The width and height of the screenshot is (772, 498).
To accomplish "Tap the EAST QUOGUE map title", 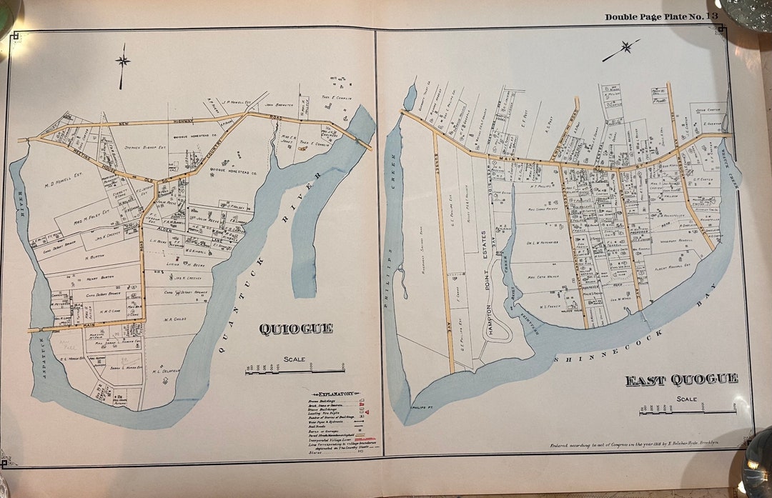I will [x=681, y=379].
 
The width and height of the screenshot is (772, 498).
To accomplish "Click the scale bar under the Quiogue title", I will [x=295, y=370].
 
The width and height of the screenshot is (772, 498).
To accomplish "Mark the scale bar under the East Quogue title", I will [x=688, y=411].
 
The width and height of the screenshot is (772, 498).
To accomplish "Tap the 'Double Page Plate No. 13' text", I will [x=661, y=16].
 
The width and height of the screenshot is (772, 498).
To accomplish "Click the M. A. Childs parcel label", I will [x=176, y=319].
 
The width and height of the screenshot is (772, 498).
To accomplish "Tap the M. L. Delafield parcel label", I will [x=165, y=372].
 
